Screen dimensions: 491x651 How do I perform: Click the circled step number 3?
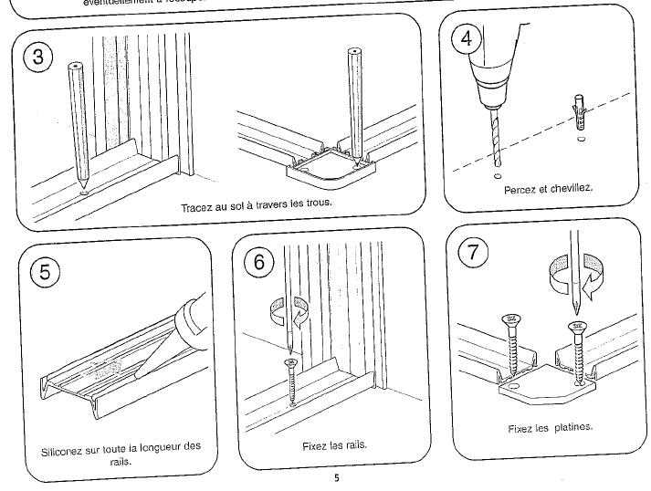(38, 58)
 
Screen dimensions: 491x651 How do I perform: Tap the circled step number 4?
(467, 40)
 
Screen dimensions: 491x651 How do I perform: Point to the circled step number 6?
(259, 262)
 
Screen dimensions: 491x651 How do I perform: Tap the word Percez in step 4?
(520, 189)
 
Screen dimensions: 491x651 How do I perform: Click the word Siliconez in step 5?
(68, 449)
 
